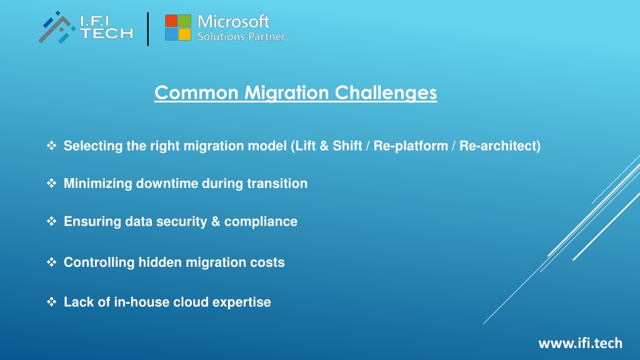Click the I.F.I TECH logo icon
(57, 27)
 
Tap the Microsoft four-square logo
(178, 27)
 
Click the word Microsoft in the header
(234, 21)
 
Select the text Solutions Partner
(241, 36)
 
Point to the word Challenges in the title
(386, 93)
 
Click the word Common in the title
(196, 92)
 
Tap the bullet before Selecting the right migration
(51, 145)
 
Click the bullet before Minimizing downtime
(51, 183)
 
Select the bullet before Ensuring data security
(51, 221)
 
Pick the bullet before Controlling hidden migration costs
(51, 262)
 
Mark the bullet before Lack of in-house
(51, 302)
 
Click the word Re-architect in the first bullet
(497, 146)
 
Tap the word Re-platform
(411, 146)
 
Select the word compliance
(261, 222)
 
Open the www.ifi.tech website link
(581, 343)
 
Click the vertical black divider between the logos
(147, 29)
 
